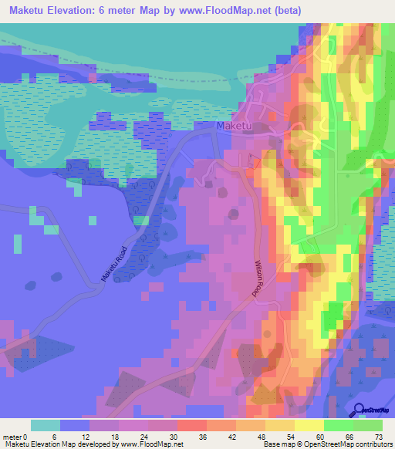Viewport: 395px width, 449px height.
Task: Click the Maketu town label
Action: [x=235, y=125]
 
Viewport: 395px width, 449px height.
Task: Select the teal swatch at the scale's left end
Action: [x=46, y=425]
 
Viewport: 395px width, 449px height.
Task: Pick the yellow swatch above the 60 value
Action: [x=309, y=425]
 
